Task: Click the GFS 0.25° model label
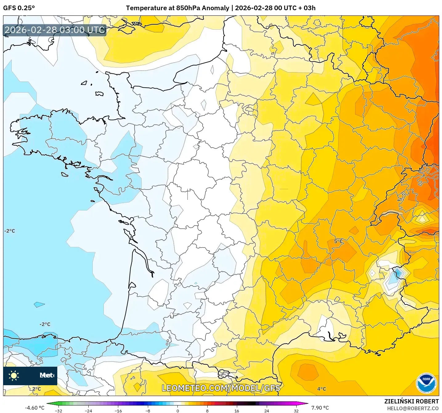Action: pos(19,8)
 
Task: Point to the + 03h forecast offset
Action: pos(307,8)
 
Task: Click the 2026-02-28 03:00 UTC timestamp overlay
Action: pos(55,30)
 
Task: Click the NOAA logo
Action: pos(426,383)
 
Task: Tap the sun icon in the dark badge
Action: pos(14,376)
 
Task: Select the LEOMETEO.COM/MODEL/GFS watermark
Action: pos(221,388)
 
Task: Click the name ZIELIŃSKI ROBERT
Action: pos(411,401)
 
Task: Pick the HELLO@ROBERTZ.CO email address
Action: pos(413,408)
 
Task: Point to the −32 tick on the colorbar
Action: pos(59,411)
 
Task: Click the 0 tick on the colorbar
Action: pos(177,411)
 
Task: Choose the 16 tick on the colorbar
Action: pos(237,411)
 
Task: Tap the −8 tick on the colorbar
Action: pos(148,411)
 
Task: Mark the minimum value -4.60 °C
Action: pos(34,408)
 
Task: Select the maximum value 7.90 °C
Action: pos(320,408)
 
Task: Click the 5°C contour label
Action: pos(338,241)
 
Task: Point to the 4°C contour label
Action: pos(322,389)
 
